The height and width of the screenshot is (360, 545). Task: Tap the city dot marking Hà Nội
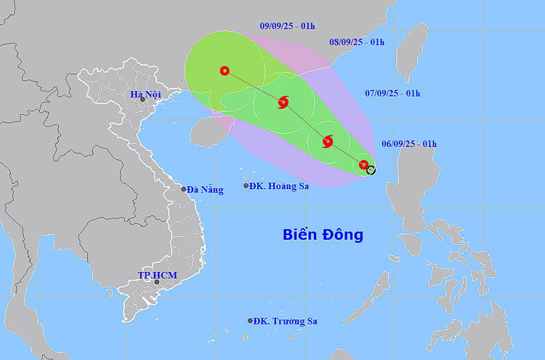pos(143,100)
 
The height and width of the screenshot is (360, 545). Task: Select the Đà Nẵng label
pos(205,189)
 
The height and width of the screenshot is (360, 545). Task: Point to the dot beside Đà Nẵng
pos(184,189)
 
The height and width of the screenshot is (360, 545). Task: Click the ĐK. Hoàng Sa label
pos(279,186)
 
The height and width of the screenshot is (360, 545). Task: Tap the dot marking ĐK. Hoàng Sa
pos(246,186)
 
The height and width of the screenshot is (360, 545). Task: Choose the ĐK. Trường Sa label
pos(287,321)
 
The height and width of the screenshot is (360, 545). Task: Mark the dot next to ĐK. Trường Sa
pos(251,321)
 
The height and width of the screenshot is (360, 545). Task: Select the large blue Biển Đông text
pos(323,235)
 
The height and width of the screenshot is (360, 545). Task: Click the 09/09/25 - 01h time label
pos(287,26)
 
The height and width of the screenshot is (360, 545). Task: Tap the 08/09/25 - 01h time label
pos(357,42)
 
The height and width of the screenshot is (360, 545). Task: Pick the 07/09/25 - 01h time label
pos(392,93)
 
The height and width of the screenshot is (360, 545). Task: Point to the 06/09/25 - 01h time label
pos(409,144)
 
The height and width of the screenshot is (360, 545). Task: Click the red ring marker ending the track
pos(225,71)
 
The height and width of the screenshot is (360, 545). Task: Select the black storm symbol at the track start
pos(371,170)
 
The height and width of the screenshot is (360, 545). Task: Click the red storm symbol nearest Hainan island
pos(283,103)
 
